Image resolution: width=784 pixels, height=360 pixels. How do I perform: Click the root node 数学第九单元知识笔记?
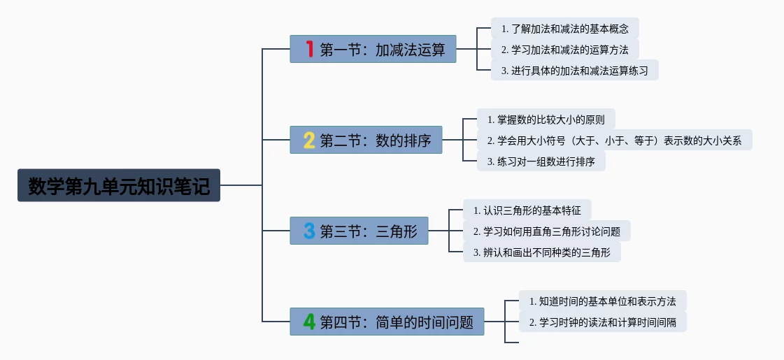coord(119,186)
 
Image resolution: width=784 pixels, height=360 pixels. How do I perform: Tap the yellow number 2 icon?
coord(309,141)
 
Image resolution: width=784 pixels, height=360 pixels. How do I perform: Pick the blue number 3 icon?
coord(309,231)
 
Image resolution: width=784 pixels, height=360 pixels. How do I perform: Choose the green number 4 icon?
coord(309,322)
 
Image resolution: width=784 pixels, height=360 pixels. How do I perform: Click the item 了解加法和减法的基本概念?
coord(565,29)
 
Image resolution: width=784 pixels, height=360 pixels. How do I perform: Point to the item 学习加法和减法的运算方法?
coord(565,50)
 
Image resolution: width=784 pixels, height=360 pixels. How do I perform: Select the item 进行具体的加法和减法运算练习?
coord(575,71)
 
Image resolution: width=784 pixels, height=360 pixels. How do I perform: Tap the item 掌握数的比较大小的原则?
coord(546,119)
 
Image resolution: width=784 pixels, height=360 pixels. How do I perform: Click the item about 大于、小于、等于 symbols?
coord(614,140)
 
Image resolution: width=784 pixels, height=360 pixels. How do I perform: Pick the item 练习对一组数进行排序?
coord(541,161)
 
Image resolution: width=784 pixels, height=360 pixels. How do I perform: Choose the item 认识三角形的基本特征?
coord(527,210)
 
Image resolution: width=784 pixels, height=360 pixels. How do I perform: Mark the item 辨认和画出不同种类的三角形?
coord(542,252)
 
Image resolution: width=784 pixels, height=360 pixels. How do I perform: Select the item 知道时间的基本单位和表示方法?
coord(603,301)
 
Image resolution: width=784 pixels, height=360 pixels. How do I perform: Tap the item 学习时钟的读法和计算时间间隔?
coord(603,322)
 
